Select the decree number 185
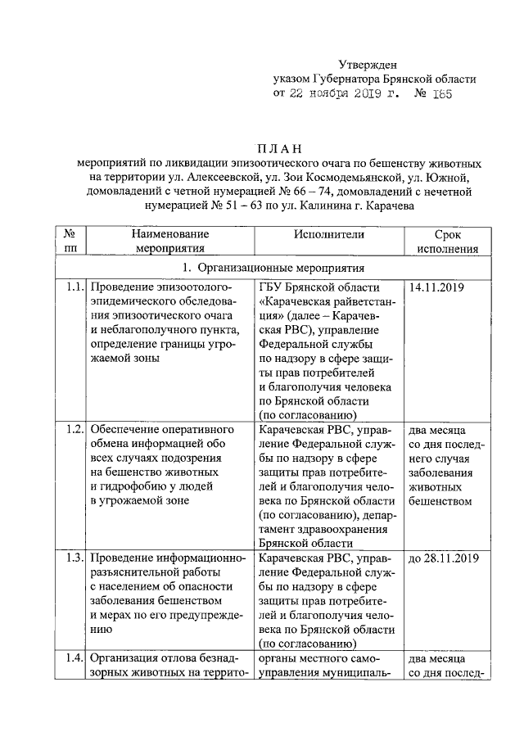point(439,94)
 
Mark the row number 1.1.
point(74,287)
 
